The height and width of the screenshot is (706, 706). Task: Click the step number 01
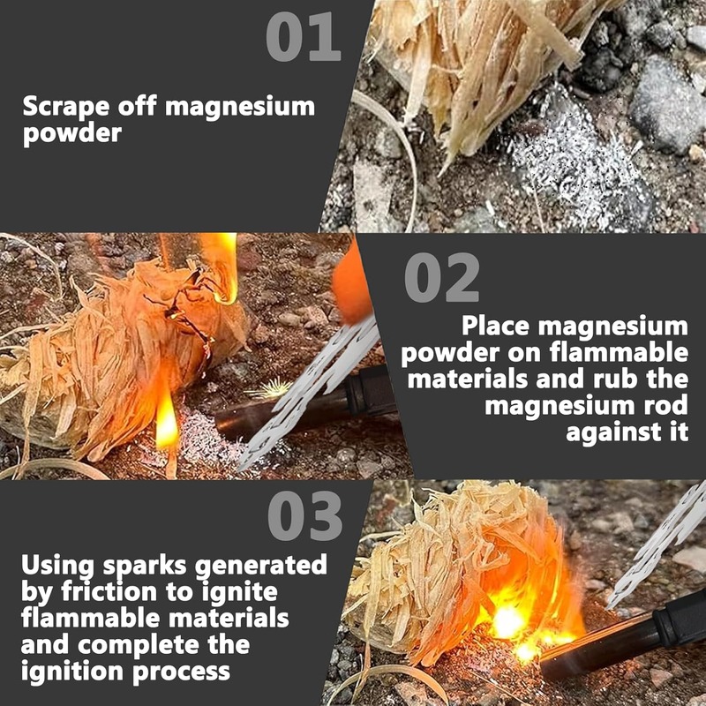coord(303,36)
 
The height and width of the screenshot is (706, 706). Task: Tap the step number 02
coord(442,277)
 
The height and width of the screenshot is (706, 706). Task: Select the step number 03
coord(304,515)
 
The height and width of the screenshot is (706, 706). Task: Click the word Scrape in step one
coord(65,107)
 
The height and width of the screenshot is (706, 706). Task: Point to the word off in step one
coord(138,106)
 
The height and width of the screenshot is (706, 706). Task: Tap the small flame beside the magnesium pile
coord(166,424)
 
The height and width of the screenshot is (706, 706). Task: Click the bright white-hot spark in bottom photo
coord(507,622)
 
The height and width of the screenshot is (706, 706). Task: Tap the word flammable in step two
coord(619,352)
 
